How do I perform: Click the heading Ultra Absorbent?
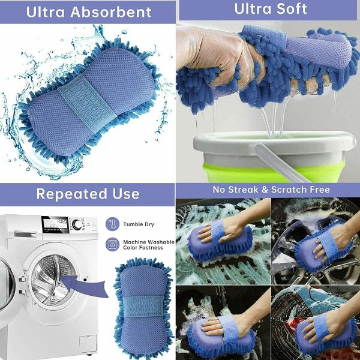pyautogui.click(x=88, y=11)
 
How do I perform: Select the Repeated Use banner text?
pyautogui.click(x=88, y=193)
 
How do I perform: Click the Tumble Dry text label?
pyautogui.click(x=139, y=224)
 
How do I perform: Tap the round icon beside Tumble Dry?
pyautogui.click(x=112, y=224)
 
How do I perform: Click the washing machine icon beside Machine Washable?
pyautogui.click(x=112, y=244)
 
